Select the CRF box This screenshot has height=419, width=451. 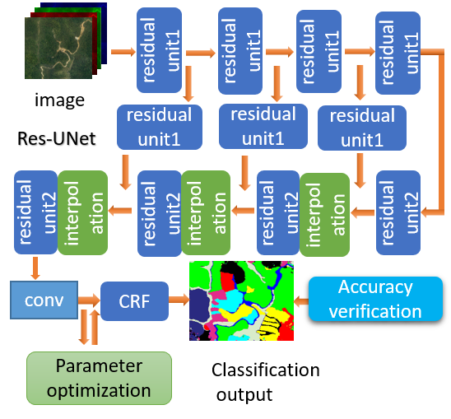(133, 300)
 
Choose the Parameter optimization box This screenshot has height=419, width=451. (100, 378)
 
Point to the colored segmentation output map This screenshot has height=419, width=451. (242, 300)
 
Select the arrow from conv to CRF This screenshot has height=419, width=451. (89, 300)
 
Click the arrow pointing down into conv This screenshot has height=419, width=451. (35, 267)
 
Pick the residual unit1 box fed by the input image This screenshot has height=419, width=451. (160, 51)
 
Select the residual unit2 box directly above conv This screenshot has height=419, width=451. (35, 212)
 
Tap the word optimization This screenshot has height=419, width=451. (100, 389)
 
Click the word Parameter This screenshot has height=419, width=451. (100, 365)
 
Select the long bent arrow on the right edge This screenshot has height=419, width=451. (439, 132)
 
